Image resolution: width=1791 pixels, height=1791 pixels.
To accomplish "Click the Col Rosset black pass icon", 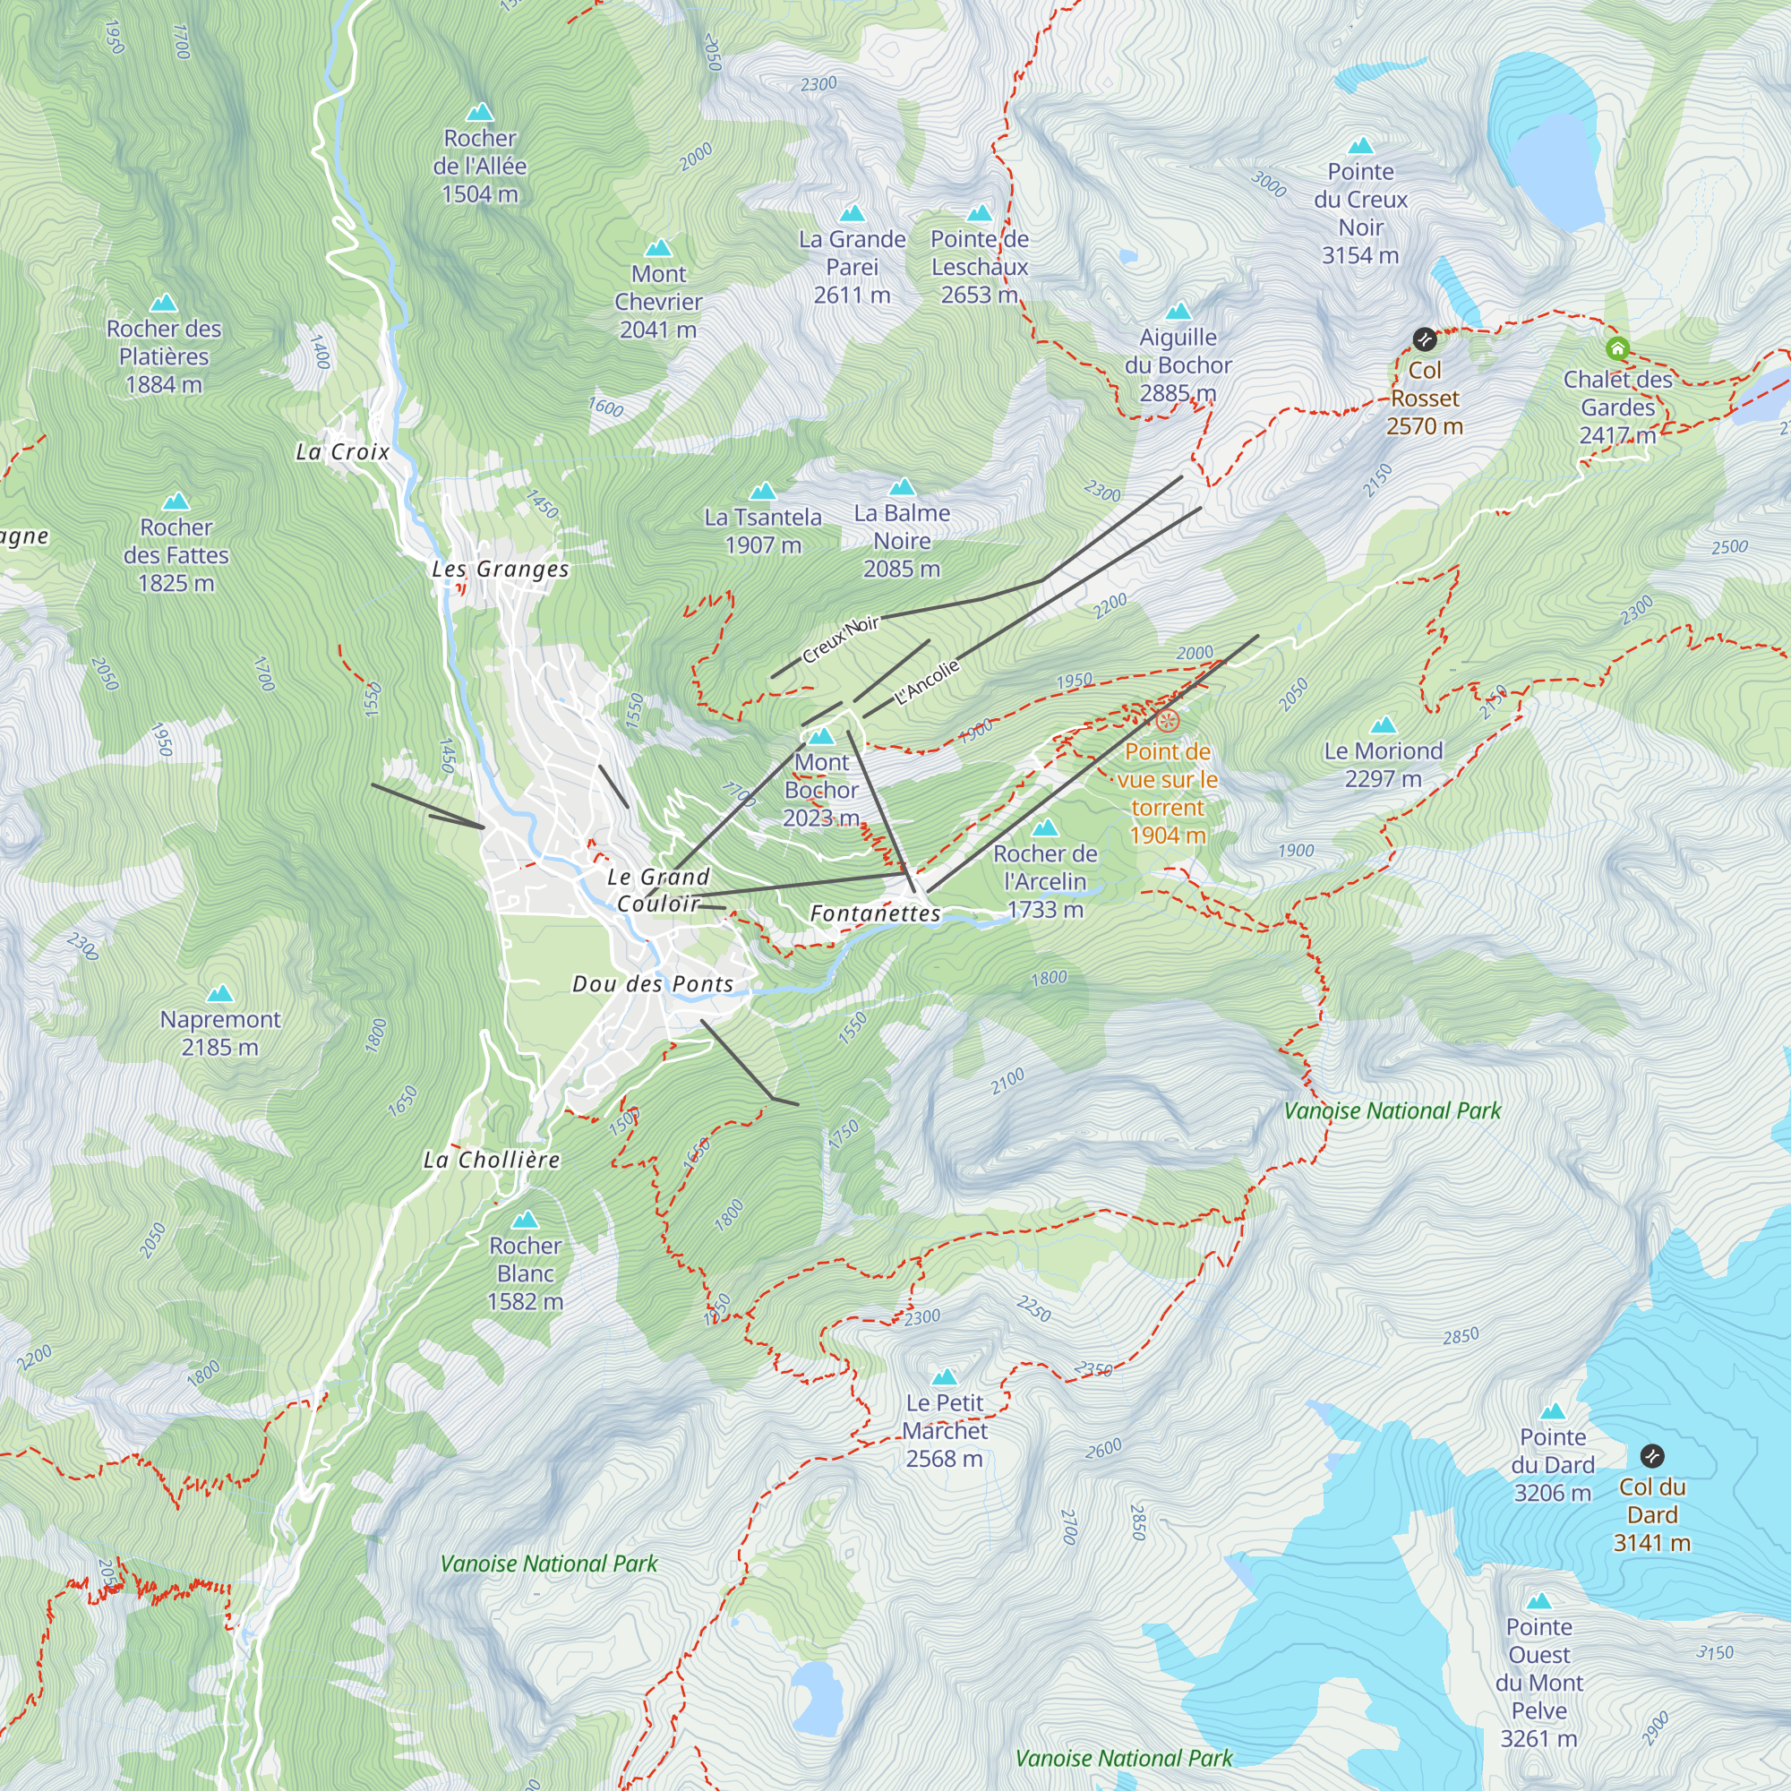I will [1424, 339].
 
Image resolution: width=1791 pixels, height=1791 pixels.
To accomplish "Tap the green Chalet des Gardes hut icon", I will [1617, 348].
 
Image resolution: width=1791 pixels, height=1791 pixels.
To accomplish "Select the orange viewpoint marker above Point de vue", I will [1167, 720].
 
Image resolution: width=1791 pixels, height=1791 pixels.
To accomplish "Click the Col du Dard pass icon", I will [1652, 1455].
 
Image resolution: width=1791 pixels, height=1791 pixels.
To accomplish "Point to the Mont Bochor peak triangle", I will [821, 737].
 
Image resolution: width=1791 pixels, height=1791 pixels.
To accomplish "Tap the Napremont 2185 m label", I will [219, 1033].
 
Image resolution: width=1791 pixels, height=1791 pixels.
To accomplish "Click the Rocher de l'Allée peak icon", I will [479, 113].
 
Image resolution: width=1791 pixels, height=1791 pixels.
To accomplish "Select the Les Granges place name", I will [501, 570].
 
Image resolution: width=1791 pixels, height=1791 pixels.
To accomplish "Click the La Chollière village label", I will [492, 1160].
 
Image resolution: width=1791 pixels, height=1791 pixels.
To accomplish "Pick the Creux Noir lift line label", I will [840, 638].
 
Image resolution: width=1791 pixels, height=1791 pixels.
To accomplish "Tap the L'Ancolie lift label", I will [926, 682].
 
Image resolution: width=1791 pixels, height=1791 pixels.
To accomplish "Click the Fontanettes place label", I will [875, 914].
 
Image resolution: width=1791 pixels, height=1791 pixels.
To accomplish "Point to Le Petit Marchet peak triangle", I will [944, 1377].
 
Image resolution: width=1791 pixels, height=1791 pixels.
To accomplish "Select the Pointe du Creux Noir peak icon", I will [1360, 147].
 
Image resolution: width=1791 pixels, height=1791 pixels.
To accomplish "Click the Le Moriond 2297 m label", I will [1384, 765].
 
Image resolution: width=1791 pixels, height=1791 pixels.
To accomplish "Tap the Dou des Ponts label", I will [653, 984].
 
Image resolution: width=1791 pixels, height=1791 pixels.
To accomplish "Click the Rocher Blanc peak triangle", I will [525, 1220].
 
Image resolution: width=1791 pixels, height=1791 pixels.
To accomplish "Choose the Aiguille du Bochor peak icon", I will [1178, 312].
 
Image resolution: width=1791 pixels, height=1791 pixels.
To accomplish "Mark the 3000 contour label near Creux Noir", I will [1268, 184].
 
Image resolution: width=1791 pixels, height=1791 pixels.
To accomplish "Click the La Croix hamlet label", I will [342, 452].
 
